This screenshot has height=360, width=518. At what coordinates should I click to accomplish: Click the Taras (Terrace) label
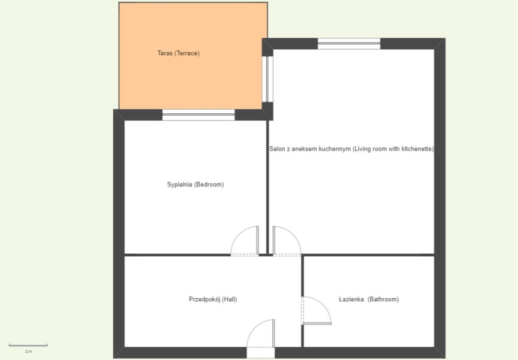coord(179,53)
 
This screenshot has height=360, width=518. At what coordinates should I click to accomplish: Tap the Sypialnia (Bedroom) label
coord(195,184)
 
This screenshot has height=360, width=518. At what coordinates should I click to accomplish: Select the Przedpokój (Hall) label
coord(213,299)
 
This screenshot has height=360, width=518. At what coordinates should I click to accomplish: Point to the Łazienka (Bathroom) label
coord(369,299)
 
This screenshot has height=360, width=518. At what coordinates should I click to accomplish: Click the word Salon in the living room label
coord(276,149)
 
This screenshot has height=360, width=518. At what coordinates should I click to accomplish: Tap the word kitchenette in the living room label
coord(417,149)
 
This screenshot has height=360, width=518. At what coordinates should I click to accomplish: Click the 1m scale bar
coord(28,345)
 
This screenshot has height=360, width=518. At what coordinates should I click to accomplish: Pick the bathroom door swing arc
coord(323,304)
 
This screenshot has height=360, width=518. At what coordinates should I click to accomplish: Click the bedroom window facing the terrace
coord(198,115)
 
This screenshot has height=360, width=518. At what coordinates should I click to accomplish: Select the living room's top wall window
coord(349,44)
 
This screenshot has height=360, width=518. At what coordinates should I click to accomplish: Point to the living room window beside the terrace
coord(267,79)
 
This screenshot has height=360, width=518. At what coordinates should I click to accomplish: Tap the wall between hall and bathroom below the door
coord(302,336)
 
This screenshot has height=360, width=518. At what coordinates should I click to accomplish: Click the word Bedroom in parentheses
coord(209,184)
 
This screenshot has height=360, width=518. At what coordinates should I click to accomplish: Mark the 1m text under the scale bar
coord(28,352)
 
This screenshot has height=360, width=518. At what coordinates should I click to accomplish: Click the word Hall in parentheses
coord(229,299)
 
